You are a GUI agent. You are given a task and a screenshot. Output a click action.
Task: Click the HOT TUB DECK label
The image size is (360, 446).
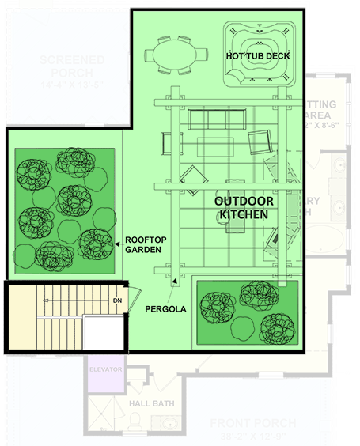point(258,56)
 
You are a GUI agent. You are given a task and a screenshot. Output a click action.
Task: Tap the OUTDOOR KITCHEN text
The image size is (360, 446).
point(244,208)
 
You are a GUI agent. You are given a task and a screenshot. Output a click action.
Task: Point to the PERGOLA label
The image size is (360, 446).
point(165,310)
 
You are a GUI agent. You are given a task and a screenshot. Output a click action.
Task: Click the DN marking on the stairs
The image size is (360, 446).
point(116,301)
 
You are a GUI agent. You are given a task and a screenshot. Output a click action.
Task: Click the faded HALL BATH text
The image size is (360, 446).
point(152,403)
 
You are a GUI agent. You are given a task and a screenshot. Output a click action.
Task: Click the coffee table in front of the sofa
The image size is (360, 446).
point(216,146)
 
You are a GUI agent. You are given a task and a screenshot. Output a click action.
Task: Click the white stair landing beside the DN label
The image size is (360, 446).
point(101,332)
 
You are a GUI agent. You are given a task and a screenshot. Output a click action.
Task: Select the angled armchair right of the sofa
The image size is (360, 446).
point(260,143)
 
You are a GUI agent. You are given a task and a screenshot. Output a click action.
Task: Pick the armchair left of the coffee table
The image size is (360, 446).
point(168,143)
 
